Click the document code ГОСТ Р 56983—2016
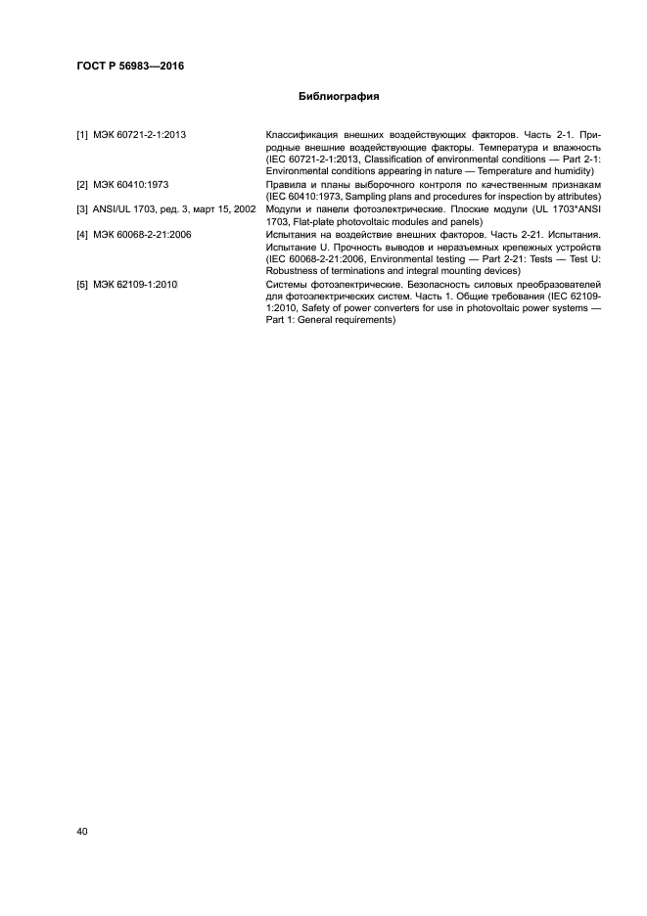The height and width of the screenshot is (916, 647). (x=129, y=67)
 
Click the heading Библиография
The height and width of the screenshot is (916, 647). (x=338, y=98)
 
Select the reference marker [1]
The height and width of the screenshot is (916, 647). (x=82, y=133)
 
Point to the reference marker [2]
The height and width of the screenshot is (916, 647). (x=82, y=184)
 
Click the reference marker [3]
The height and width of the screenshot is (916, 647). (x=82, y=209)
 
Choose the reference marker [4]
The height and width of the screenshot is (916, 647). (x=82, y=235)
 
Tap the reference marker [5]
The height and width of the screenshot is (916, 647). (x=82, y=285)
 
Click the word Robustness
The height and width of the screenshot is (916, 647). (x=295, y=271)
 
